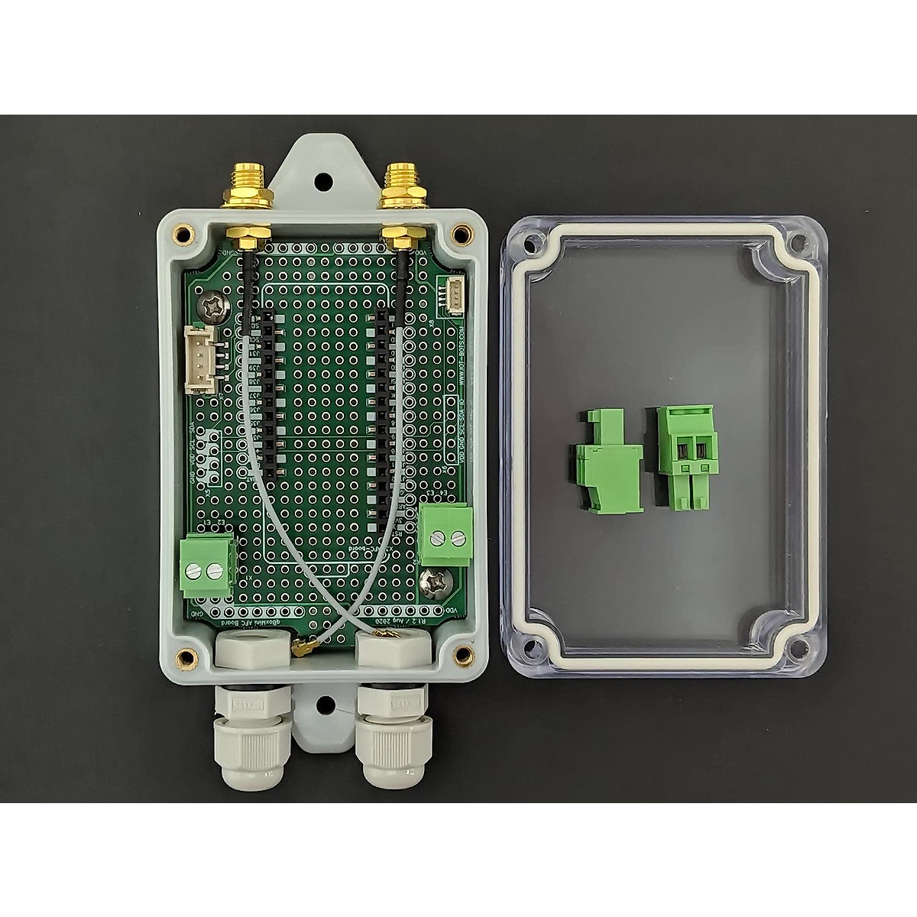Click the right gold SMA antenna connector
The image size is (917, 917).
click(400, 187)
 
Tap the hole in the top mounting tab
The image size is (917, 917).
click(323, 182)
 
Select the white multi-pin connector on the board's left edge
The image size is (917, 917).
click(200, 358)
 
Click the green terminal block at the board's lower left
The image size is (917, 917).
click(208, 566)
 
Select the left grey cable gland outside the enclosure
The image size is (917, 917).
click(252, 734)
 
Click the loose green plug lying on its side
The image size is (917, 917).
click(608, 462)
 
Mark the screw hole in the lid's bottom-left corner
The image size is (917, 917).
click(533, 649)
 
